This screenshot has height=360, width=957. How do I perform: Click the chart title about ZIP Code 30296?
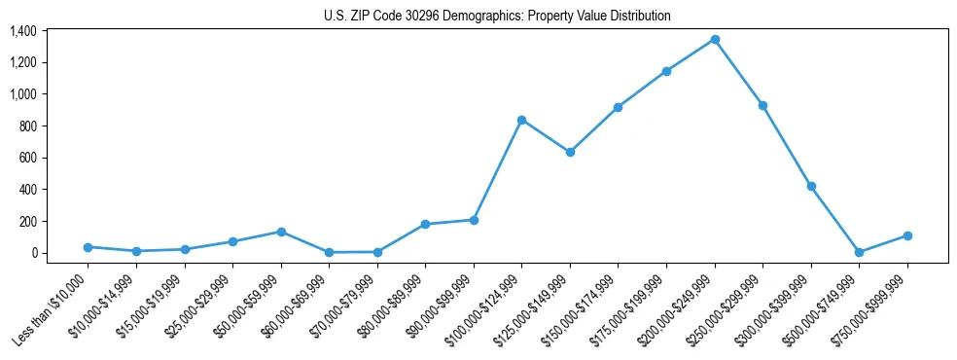497,17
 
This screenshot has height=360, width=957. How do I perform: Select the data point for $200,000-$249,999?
715,40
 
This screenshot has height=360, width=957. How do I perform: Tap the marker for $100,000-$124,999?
522,120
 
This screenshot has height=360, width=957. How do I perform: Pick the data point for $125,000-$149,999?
570,152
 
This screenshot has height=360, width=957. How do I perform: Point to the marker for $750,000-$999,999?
907,235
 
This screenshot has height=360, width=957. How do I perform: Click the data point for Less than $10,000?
88,247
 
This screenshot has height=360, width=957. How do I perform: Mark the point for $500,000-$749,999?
859,252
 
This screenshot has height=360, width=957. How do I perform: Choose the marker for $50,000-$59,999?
281,232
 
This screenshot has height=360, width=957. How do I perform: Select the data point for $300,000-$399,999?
811,186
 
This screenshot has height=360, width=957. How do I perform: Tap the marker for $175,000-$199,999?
666,71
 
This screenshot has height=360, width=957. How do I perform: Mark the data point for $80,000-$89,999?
425,225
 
